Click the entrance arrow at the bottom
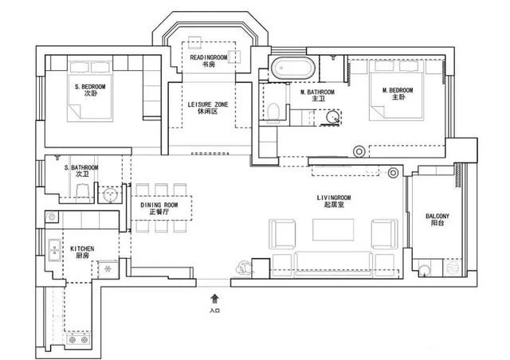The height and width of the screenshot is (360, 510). coord(214,299)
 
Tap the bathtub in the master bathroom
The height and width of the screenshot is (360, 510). coord(293,68)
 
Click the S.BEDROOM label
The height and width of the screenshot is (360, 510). coord(90,87)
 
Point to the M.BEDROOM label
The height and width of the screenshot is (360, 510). coord(398,90)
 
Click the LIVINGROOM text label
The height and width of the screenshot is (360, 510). coord(334,198)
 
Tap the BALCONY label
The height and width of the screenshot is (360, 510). coord(437,216)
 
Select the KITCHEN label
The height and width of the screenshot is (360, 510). coord(82,248)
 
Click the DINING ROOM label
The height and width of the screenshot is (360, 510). coord(159,205)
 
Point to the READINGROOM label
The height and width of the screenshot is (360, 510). coord(209,57)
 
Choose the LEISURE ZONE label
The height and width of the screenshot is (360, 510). coord(208,104)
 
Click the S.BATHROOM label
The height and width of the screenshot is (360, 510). coord(81,168)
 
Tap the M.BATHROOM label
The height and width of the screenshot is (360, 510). coord(317,92)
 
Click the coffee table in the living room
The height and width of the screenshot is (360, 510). coord(333,230)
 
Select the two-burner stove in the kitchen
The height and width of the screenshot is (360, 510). coord(78,340)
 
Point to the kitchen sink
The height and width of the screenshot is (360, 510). coord(54,250)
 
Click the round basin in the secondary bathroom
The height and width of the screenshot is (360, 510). coord(110,195)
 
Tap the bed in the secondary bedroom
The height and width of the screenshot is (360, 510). coord(90,91)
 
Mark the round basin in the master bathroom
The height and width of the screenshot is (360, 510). coord(332,117)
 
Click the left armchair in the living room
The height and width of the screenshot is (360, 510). coord(282,234)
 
